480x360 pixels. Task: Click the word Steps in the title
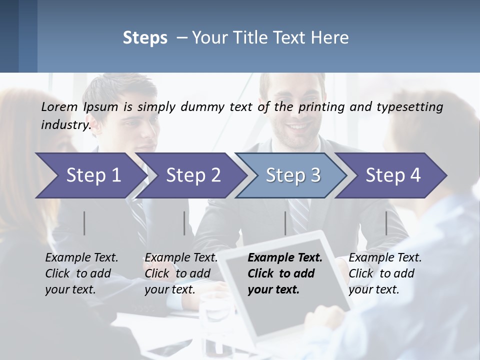pos(145,38)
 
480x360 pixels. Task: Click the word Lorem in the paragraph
pos(59,106)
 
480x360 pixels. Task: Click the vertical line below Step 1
pos(84,223)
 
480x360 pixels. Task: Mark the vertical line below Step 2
pos(184,223)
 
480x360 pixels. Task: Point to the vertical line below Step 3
pos(285,223)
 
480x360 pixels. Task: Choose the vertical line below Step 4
pos(386,223)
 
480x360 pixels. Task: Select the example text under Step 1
pos(81,273)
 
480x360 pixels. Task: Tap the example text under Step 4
pos(385,273)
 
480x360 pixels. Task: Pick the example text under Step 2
pos(181,273)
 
